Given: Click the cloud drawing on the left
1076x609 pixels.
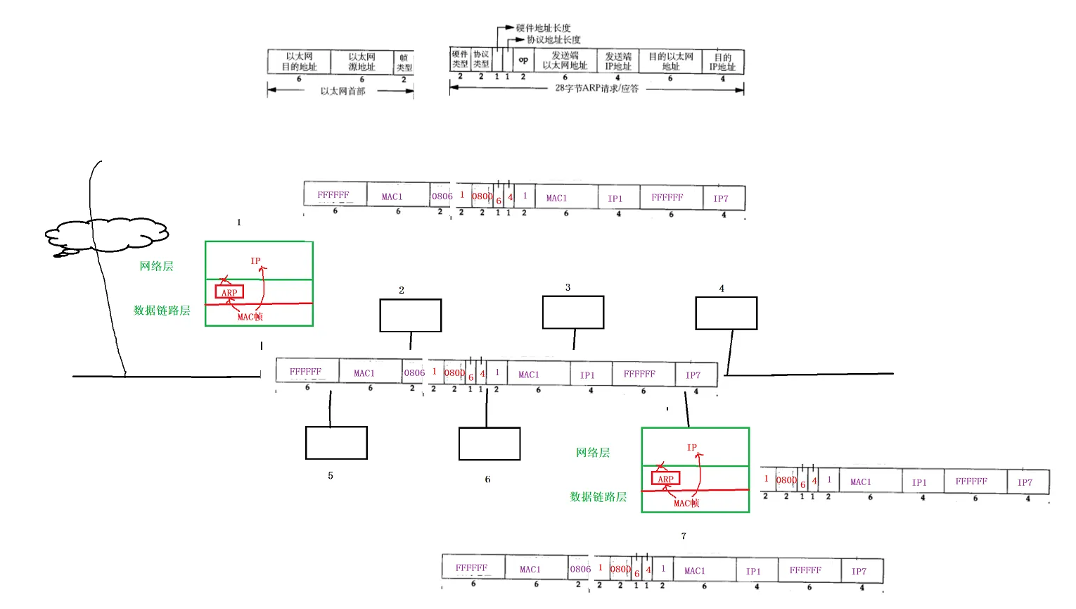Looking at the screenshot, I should pos(107,235).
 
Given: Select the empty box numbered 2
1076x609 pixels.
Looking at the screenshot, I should pos(411,315).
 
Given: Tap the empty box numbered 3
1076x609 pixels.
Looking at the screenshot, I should pos(573,313).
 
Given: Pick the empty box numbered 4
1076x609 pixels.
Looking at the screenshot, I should pos(726,313).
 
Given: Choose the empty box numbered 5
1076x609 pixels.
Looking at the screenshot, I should pos(336,443).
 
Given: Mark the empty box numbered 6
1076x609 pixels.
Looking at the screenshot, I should pos(489,444).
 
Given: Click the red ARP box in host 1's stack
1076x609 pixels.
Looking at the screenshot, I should pos(229,292).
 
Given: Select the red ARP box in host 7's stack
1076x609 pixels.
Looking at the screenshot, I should pos(665,479).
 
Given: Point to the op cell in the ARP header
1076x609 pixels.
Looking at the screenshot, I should pos(523,61).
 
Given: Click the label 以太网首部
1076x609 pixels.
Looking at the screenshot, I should pos(342,91).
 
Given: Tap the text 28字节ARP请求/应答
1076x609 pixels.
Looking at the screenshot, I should pos(596,89).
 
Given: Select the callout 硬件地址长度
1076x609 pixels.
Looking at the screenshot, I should pos(543,27).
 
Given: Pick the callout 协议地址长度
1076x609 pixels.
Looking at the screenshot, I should pos(553,39).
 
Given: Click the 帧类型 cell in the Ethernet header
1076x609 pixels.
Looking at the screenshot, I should pos(404,63).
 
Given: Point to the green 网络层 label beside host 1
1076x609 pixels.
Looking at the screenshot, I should pos(156,266).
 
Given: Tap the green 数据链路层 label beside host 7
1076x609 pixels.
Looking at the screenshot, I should pos(598,497).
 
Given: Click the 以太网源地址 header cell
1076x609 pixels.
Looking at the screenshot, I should pos(361,62).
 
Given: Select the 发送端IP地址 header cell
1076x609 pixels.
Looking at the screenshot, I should pos(618,61).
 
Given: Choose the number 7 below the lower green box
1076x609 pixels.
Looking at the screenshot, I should pos(684,536).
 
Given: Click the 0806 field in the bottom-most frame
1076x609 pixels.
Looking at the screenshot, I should pos(580,569).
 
